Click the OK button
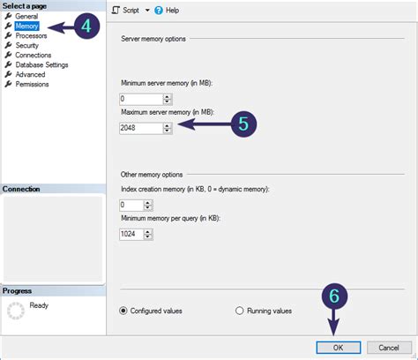coord(339,348)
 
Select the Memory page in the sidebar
coord(26,26)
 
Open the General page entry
coord(26,17)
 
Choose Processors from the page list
coord(31,36)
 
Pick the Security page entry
coord(27,46)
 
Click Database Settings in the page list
coord(41,65)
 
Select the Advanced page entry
coord(30,75)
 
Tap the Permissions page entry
coord(32,85)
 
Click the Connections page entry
coord(34,56)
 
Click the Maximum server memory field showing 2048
coord(141,128)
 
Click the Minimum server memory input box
coord(141,99)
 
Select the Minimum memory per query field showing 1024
coord(131,234)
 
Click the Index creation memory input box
coord(131,205)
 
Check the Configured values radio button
coord(123,311)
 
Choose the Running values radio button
coord(240,311)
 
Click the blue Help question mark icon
coord(159,11)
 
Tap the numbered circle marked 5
coord(243,124)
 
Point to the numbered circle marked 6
coord(334,296)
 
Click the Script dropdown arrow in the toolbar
coord(147,11)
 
